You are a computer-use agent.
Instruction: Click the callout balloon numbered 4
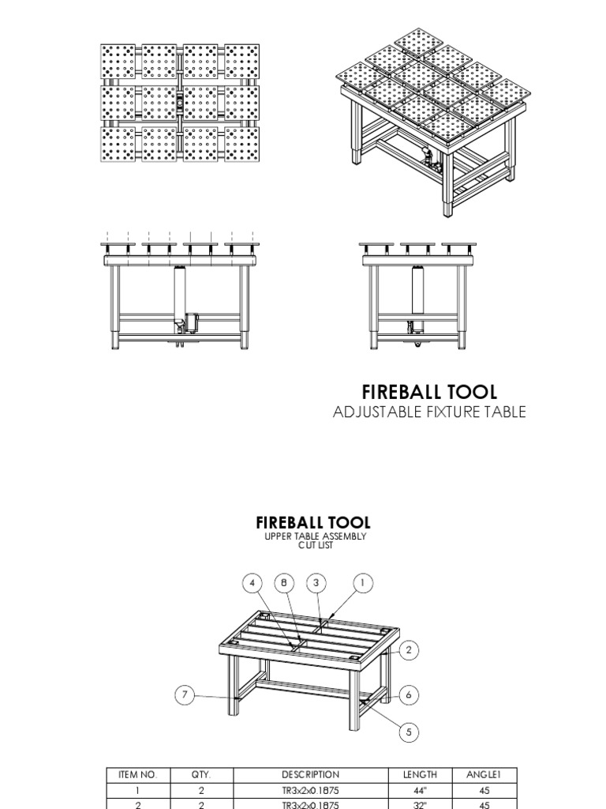252,584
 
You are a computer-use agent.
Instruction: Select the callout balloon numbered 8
284,584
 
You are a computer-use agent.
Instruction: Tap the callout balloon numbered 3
316,584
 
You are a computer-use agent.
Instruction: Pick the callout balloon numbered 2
409,650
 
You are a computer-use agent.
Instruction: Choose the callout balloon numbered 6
409,695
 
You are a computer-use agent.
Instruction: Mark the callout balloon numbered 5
409,732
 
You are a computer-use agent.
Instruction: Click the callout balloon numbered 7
185,695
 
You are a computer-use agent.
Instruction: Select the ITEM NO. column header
137,775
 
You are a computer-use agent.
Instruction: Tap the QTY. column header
201,775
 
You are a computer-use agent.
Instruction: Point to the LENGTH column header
420,775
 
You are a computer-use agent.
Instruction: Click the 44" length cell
420,790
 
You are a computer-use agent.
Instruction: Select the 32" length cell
420,804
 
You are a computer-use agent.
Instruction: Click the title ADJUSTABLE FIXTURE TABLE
429,412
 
